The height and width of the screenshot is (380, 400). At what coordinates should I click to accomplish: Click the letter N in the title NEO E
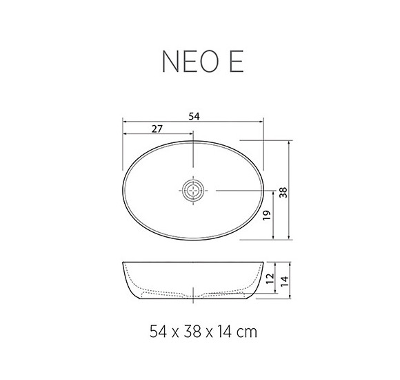171,61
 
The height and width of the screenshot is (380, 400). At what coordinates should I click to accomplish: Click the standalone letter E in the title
234,61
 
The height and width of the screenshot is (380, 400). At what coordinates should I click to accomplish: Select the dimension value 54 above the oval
194,117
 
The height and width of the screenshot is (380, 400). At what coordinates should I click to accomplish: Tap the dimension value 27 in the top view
157,129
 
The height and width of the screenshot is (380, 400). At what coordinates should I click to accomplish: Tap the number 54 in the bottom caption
159,332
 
